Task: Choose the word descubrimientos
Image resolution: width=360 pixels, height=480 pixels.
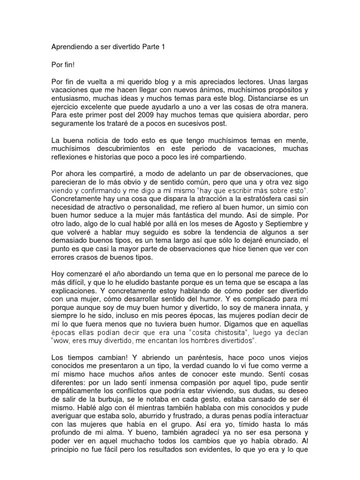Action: tap(132, 149)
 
